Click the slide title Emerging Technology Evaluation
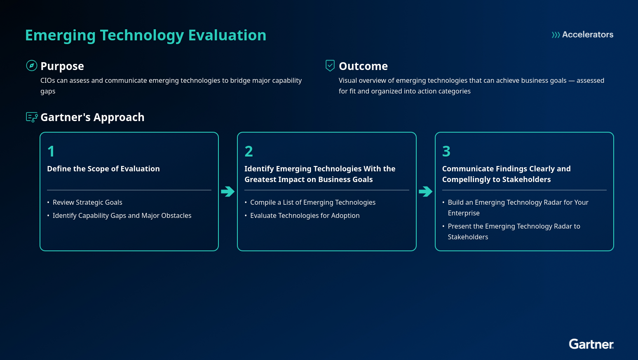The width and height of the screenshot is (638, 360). click(145, 35)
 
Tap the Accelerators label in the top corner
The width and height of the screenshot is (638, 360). click(582, 35)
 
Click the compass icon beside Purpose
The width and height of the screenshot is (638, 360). click(32, 65)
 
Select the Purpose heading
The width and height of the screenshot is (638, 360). click(62, 66)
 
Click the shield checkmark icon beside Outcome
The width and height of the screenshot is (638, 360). click(330, 65)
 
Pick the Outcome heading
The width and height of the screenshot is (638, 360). click(363, 66)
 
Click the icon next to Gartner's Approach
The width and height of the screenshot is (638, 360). click(32, 117)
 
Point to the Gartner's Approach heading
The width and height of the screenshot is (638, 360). click(92, 117)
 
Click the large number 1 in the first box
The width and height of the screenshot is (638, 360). click(51, 152)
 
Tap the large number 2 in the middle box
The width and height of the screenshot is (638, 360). click(249, 152)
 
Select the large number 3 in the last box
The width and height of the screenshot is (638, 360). click(446, 152)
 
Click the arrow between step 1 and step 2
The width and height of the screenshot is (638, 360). click(228, 192)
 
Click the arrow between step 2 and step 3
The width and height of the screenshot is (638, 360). click(425, 192)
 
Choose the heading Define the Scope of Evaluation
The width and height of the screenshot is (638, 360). click(103, 169)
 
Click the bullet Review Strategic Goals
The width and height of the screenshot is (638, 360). click(87, 203)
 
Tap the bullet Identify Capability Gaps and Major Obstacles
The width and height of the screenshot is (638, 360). click(122, 216)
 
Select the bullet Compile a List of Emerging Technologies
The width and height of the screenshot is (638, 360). click(313, 203)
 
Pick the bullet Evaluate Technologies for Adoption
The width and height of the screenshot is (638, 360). click(305, 216)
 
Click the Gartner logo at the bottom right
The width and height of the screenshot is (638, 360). click(591, 344)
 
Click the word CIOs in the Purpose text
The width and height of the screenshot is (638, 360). click(48, 81)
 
